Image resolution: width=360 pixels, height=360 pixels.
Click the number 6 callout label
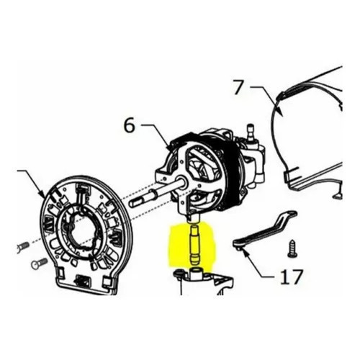tap(130, 126)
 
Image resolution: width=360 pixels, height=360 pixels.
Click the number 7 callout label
tap(239, 87)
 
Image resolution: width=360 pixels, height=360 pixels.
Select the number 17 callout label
tap(292, 276)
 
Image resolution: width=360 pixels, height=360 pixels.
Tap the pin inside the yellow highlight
tap(195, 244)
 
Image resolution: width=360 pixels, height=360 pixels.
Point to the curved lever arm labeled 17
tap(265, 229)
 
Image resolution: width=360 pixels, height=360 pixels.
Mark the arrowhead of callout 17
tap(245, 253)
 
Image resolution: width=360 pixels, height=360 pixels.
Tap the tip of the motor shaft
tap(131, 204)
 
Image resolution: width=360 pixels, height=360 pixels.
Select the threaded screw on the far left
tap(23, 247)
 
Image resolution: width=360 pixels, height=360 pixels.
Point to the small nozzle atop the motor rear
tap(251, 131)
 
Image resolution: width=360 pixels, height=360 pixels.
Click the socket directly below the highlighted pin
tap(195, 273)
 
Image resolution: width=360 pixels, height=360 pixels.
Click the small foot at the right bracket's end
tap(337, 197)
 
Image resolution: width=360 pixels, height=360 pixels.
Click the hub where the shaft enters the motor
tap(181, 181)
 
